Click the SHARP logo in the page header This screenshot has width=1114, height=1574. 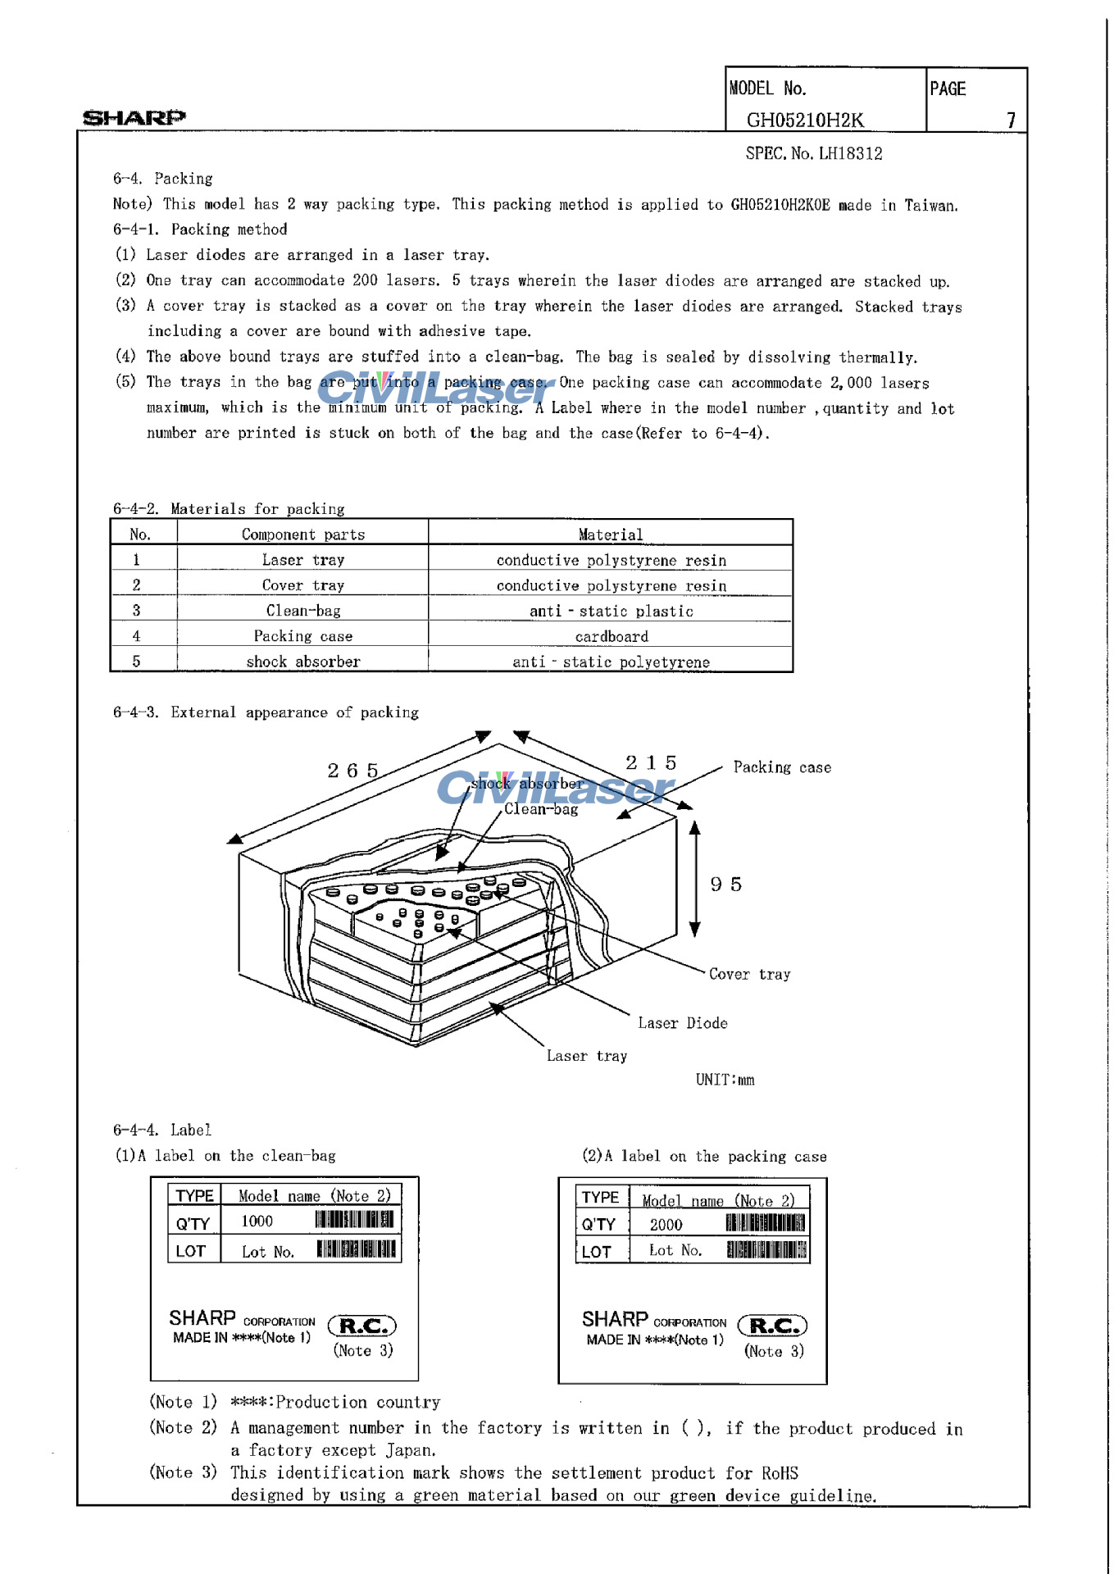[x=134, y=117]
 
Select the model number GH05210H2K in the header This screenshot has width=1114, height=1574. [x=805, y=120]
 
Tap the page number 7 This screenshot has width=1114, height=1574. [x=1011, y=120]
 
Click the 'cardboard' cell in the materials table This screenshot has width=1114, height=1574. [x=611, y=636]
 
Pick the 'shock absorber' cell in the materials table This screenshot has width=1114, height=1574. [x=303, y=662]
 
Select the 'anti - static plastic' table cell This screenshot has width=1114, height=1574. [x=611, y=611]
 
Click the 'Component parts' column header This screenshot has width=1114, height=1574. [x=302, y=535]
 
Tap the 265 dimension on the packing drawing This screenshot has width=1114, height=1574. [x=353, y=771]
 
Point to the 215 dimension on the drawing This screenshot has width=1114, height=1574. [x=651, y=763]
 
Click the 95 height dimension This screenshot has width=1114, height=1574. [x=726, y=885]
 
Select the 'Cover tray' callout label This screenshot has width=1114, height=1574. [x=749, y=974]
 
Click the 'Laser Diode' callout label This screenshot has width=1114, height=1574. [x=683, y=1023]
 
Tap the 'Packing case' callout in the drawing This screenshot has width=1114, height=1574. [x=782, y=767]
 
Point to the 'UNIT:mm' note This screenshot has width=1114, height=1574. [x=725, y=1080]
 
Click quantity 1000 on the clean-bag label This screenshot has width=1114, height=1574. [x=257, y=1221]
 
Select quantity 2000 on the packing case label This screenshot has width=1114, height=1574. [x=666, y=1225]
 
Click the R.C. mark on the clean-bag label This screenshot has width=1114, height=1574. [x=361, y=1326]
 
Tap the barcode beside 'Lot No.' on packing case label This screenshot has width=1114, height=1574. [x=766, y=1250]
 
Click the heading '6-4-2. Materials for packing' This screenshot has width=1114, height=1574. [x=229, y=509]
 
